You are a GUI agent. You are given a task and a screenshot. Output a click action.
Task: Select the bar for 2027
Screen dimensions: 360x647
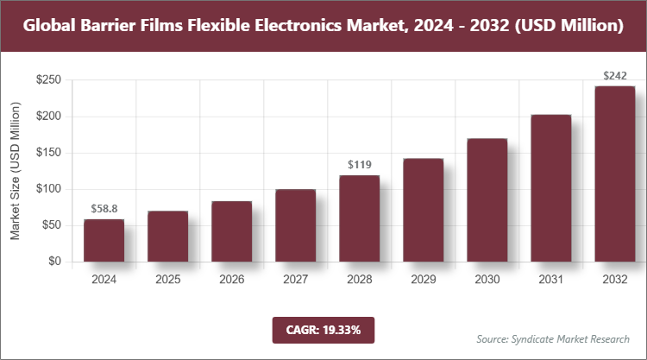point(295,225)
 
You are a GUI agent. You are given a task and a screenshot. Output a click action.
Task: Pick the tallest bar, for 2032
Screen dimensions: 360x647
point(614,174)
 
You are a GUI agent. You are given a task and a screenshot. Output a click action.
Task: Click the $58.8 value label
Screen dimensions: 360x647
point(104,208)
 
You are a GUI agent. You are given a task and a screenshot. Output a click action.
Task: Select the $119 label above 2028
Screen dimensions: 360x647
point(359,164)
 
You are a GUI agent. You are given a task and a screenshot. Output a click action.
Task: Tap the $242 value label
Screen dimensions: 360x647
point(614,75)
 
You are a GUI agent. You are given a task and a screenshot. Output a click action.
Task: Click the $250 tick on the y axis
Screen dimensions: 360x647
point(47,80)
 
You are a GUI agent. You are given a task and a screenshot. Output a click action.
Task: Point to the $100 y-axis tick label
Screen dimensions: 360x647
point(47,189)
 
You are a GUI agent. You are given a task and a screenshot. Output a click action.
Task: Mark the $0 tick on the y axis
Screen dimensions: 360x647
point(53,262)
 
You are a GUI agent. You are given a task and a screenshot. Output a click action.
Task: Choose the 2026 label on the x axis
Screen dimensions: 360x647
point(231,280)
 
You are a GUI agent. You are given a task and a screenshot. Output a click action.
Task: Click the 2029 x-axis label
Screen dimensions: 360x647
point(423,280)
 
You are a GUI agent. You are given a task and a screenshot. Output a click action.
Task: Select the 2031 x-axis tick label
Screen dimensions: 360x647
point(550,280)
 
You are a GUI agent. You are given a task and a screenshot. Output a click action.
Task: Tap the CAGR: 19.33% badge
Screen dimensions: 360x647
point(323,329)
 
